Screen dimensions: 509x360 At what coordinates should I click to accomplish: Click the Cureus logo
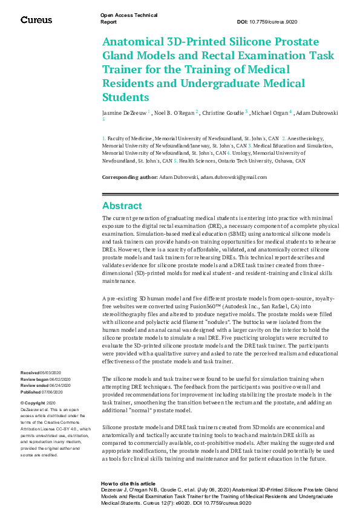pos(37,20)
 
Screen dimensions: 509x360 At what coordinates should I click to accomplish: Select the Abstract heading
pos(122,206)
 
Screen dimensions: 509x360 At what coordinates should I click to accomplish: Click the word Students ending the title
pos(125,97)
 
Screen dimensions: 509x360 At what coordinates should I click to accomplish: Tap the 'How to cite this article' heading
pos(128,484)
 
